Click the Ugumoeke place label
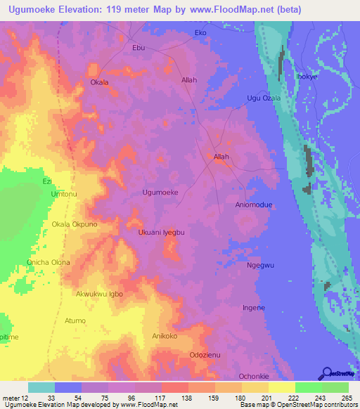pos(160,192)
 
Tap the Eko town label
pos(200,33)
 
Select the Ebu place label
pos(139,48)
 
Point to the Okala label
pos(99,82)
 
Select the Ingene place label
pos(253,308)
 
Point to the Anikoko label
pos(166,337)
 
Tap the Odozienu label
pos(205,356)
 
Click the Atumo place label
pos(75,320)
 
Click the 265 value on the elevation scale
pos(345,398)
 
